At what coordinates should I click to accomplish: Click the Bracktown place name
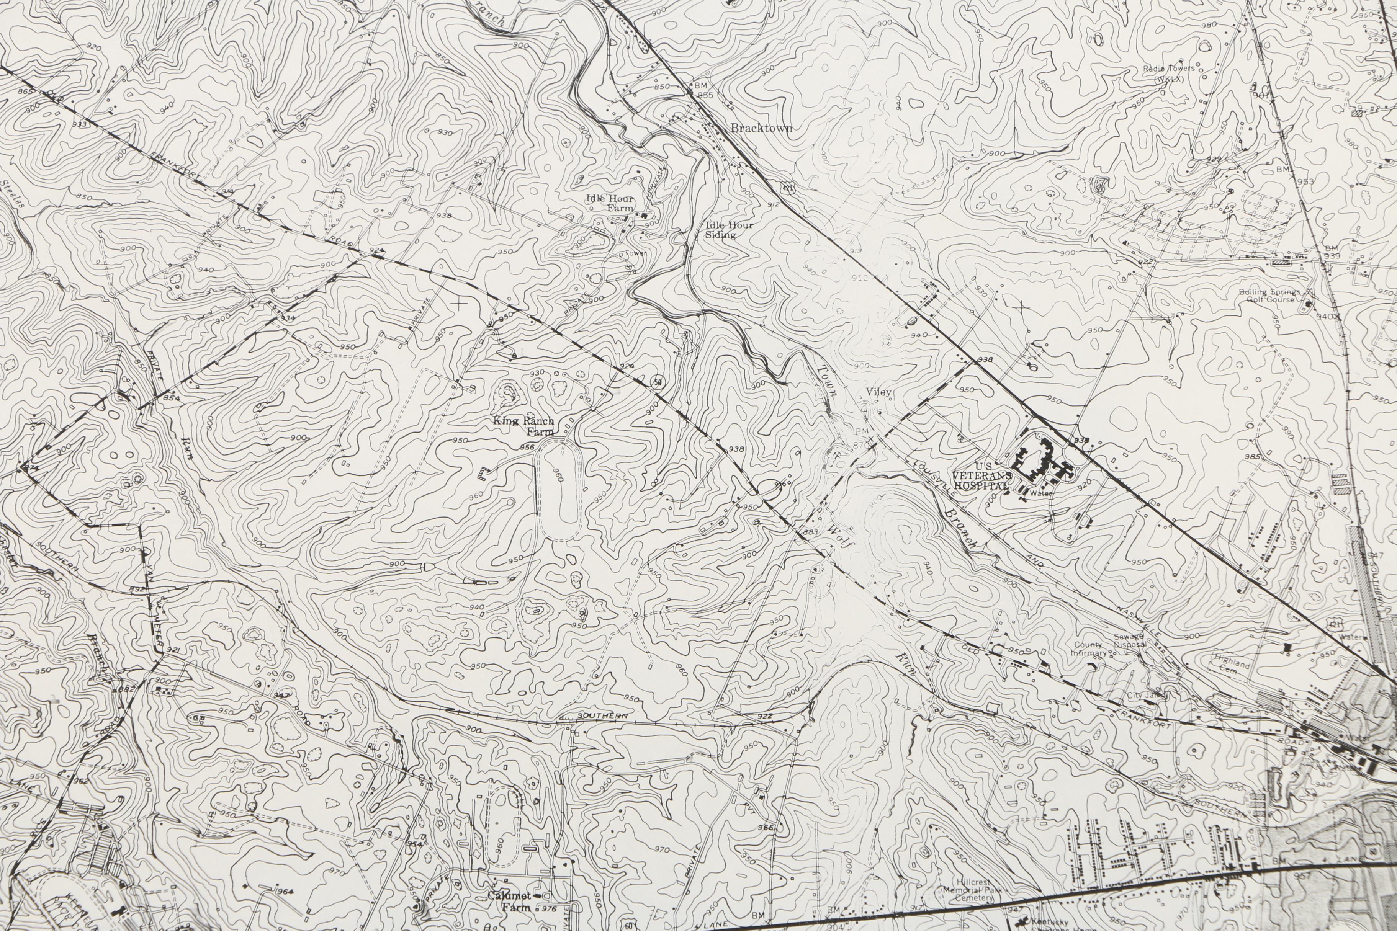[761, 128]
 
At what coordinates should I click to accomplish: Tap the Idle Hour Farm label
[610, 203]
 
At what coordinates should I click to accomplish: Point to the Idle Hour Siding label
[729, 230]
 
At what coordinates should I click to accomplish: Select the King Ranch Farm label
[524, 425]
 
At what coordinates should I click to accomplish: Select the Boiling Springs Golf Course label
[1269, 296]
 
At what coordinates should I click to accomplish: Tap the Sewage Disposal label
[1129, 640]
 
